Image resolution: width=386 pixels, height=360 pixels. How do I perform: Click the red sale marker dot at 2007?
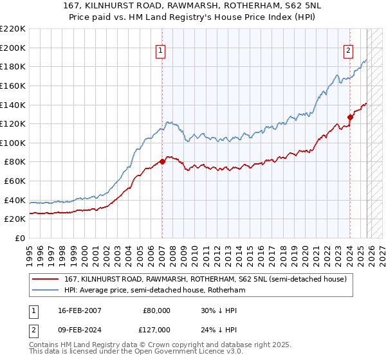point(162,161)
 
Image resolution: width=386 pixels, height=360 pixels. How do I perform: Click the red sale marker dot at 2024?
point(350,117)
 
